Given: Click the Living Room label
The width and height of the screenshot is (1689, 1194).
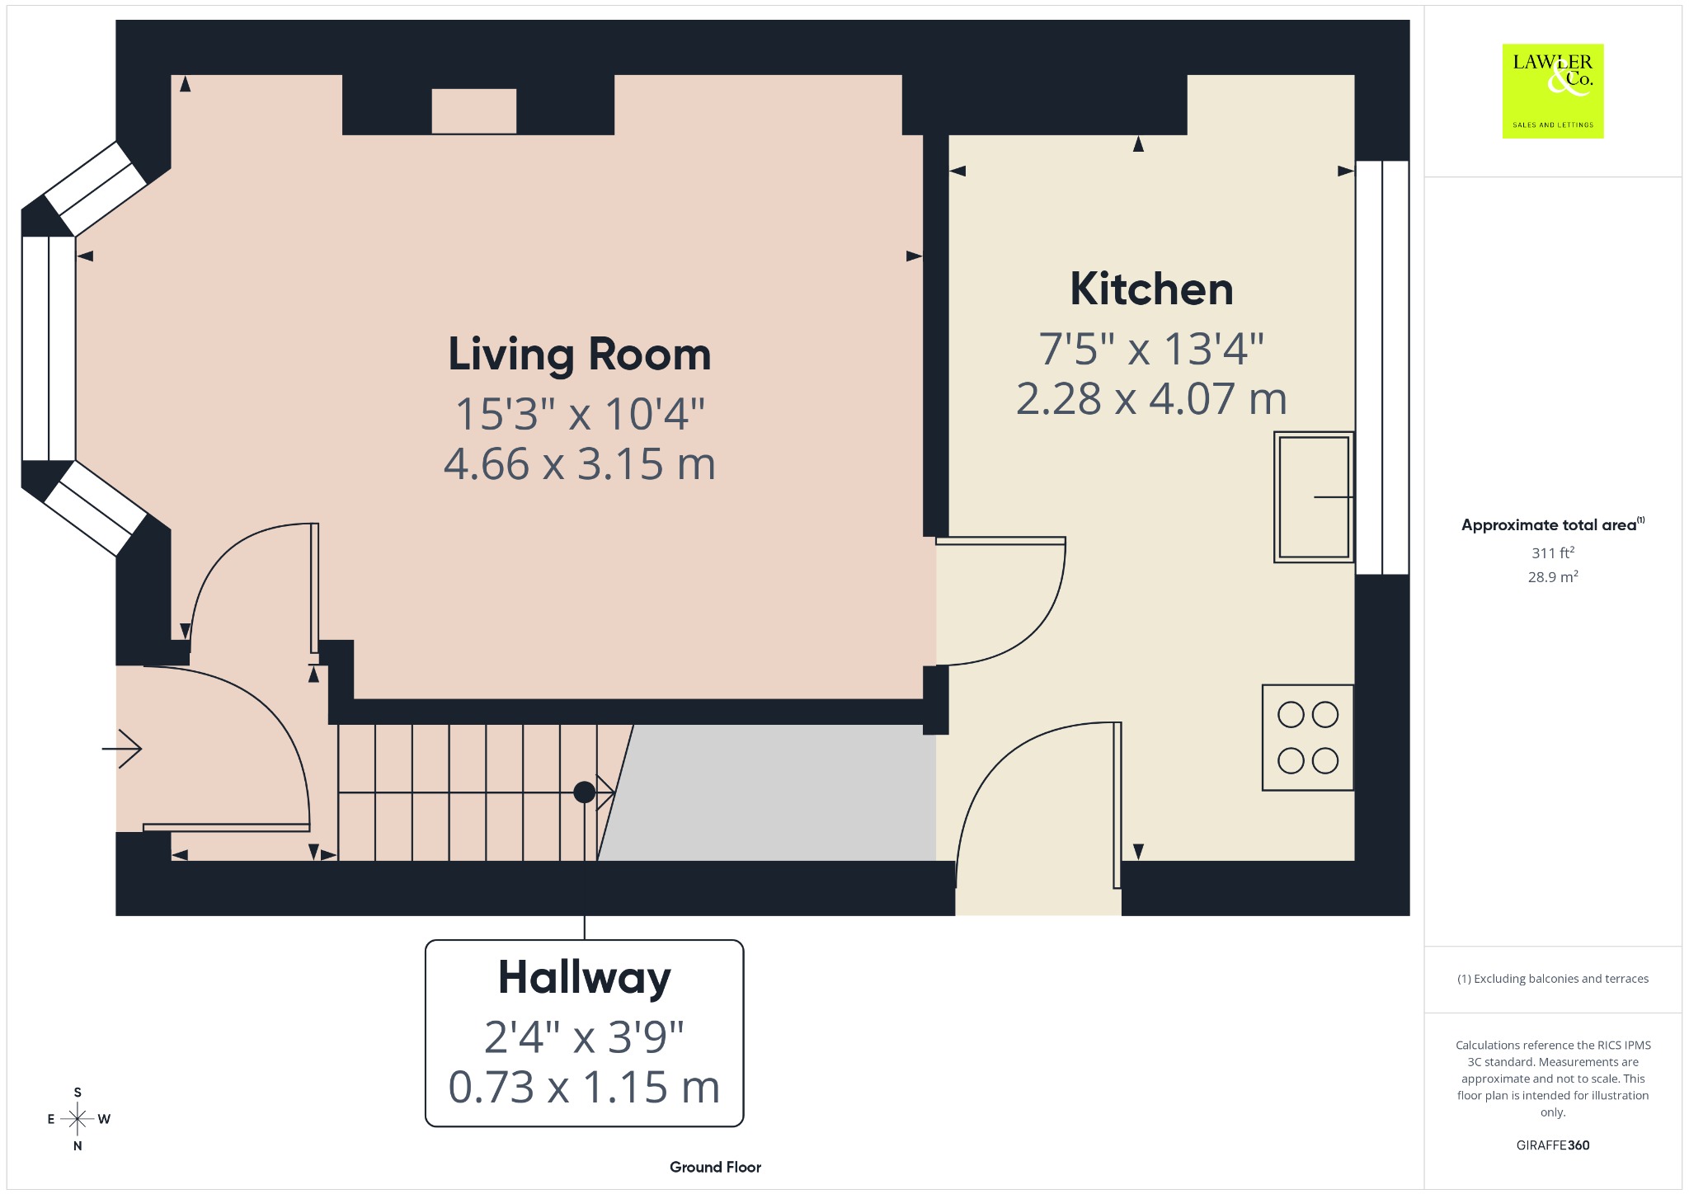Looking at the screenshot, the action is pos(579,355).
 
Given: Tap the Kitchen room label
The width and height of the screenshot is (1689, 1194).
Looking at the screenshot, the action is pos(1151,289).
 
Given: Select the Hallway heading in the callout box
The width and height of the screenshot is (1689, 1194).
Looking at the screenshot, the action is pos(584,979).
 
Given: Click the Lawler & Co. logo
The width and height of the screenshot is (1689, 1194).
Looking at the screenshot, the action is pos(1553,91).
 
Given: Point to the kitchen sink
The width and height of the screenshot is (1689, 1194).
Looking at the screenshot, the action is pos(1314,497).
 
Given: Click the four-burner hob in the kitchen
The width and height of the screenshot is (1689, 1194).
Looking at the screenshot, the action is pos(1308,737).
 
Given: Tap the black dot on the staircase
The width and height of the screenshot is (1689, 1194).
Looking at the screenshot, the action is pos(584,792).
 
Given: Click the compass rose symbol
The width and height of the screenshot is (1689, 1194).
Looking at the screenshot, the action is pos(78,1119).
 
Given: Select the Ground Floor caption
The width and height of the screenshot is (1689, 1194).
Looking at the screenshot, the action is pos(715,1167).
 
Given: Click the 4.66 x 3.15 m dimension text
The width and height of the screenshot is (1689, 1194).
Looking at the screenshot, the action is pos(579,464).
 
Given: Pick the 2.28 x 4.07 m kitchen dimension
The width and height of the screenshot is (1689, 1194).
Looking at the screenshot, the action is pos(1151,399).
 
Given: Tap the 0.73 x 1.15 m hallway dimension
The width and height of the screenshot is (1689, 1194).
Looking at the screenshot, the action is pos(584,1087).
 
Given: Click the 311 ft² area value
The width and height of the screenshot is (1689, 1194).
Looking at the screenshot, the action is pos(1553,552).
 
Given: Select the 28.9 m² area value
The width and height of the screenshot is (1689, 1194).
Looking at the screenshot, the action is pos(1553,576).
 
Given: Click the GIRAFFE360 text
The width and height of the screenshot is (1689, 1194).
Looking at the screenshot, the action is pos(1553,1145).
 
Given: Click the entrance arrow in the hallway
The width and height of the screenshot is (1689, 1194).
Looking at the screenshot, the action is pos(122,749).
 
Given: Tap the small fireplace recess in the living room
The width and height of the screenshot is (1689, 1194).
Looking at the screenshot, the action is pos(474,111).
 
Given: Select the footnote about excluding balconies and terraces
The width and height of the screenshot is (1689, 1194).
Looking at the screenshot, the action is pos(1553,979).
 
